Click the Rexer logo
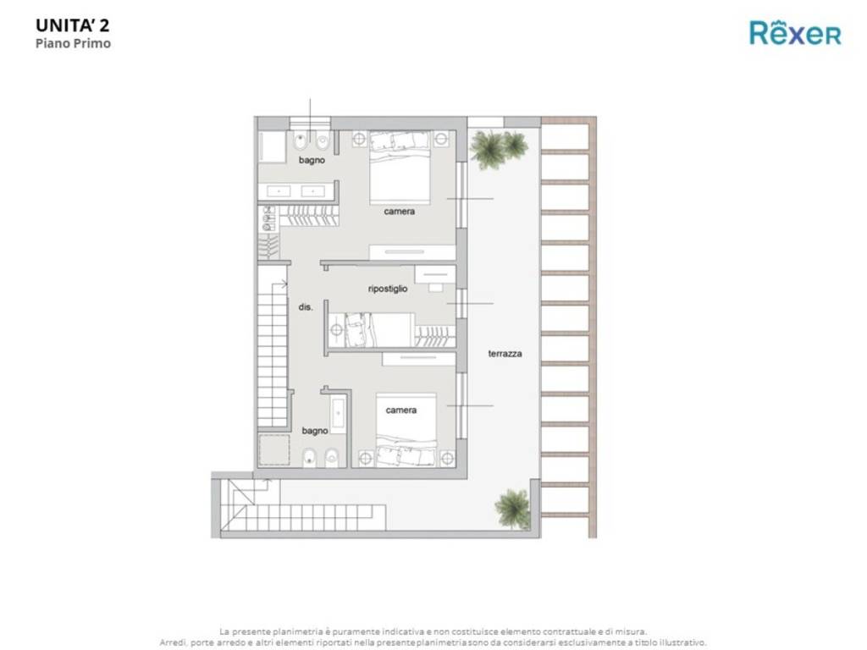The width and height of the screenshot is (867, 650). pyautogui.click(x=795, y=33)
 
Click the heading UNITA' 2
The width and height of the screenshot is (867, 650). pyautogui.click(x=72, y=25)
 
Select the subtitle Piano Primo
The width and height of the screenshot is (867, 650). pyautogui.click(x=73, y=43)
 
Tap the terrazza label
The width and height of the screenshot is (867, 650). pyautogui.click(x=505, y=354)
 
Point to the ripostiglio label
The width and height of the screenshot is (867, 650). pyautogui.click(x=388, y=289)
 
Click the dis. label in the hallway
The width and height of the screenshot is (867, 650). pyautogui.click(x=306, y=308)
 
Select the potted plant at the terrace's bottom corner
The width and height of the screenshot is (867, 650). pyautogui.click(x=512, y=507)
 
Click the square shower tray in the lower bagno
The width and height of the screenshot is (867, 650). pyautogui.click(x=273, y=449)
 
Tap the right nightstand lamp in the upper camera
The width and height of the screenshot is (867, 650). pyautogui.click(x=441, y=139)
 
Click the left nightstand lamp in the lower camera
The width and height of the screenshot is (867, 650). pyautogui.click(x=365, y=457)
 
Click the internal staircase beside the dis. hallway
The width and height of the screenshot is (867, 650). pyautogui.click(x=273, y=355)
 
